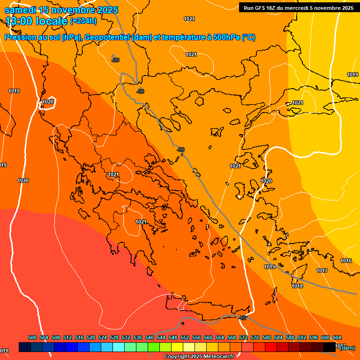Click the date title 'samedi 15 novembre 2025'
click(x=61, y=10)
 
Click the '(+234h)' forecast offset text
click(x=83, y=21)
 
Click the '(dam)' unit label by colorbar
click(x=347, y=347)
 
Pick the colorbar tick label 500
click(x=32, y=337)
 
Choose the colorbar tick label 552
click(x=185, y=337)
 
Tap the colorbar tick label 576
click(x=255, y=337)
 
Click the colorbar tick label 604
click(x=337, y=337)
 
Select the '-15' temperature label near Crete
click(x=242, y=318)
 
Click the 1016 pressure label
click(x=346, y=261)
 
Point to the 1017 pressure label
click(x=322, y=270)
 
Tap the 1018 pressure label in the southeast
click(x=297, y=286)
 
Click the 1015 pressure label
click(x=269, y=267)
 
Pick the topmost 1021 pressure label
click(x=189, y=19)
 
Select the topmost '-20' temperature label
click(x=115, y=60)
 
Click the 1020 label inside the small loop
click(x=48, y=102)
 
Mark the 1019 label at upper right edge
click(x=352, y=75)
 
